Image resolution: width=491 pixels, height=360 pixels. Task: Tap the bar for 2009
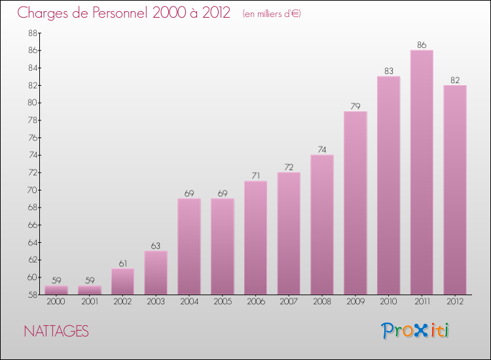pyautogui.click(x=355, y=203)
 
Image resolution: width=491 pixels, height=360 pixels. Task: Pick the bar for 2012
pyautogui.click(x=455, y=190)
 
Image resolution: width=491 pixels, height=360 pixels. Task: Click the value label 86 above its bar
pyautogui.click(x=422, y=45)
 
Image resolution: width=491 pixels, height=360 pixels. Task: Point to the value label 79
pyautogui.click(x=355, y=106)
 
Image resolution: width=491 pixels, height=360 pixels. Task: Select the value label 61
pyautogui.click(x=122, y=263)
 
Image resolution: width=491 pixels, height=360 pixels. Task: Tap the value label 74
pyautogui.click(x=322, y=150)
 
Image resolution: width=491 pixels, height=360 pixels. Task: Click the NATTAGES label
pyautogui.click(x=56, y=331)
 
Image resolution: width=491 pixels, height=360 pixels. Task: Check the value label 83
pyautogui.click(x=388, y=71)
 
